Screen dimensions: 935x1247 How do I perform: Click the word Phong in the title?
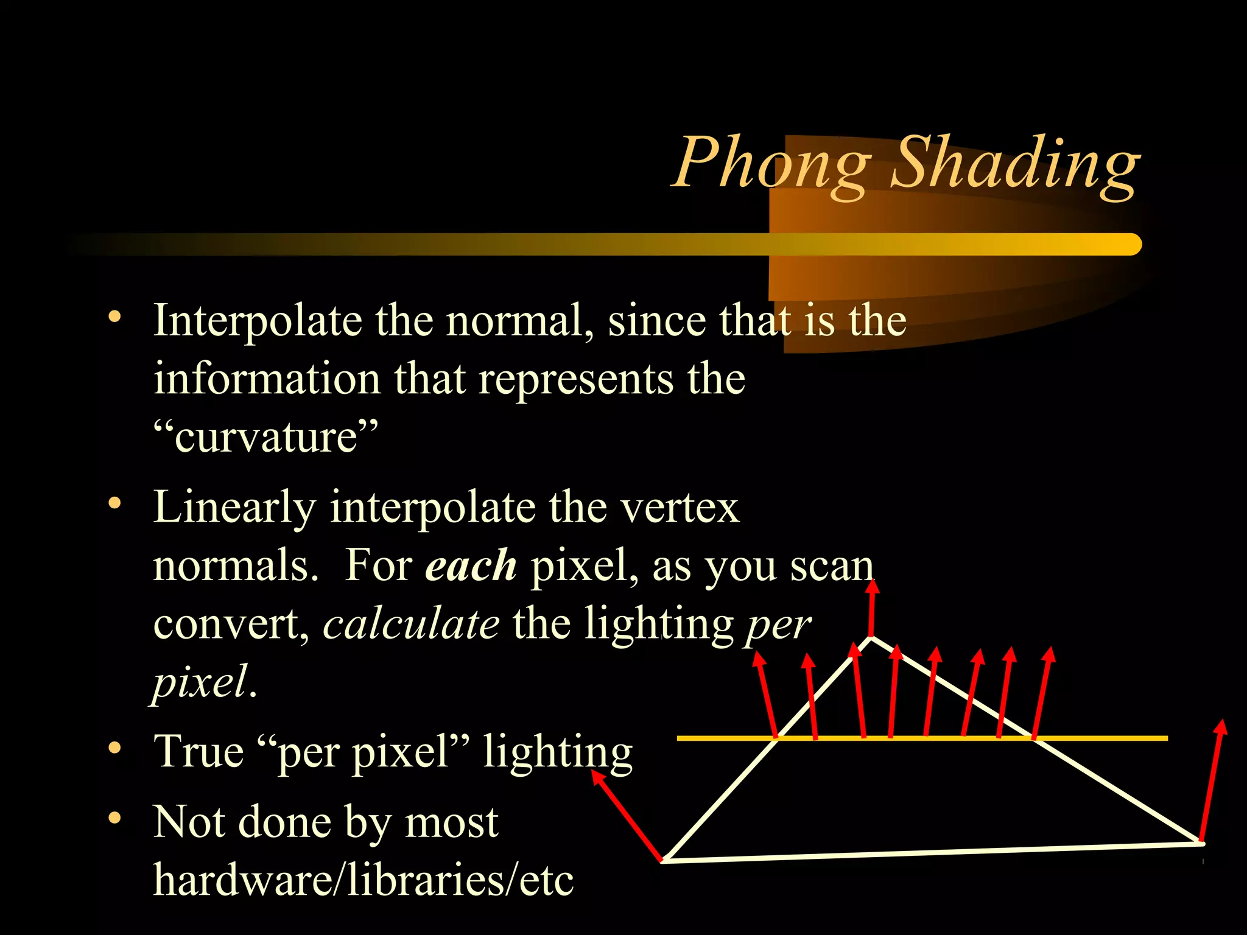(x=772, y=163)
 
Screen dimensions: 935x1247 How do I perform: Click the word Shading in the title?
(x=1014, y=163)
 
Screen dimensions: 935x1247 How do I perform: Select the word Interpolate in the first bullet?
(x=258, y=321)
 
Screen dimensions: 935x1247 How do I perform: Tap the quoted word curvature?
(x=265, y=436)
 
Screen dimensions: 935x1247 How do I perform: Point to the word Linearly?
(x=234, y=507)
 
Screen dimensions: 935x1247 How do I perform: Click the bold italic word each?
(x=471, y=566)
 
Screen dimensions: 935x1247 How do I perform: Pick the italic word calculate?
(x=411, y=624)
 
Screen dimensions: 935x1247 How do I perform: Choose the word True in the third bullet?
(x=198, y=751)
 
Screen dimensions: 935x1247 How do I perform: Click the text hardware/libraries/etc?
(x=364, y=880)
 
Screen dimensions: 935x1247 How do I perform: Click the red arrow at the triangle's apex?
(x=873, y=609)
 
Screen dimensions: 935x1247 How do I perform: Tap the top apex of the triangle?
(x=871, y=638)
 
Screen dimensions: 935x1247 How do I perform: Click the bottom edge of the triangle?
(x=932, y=852)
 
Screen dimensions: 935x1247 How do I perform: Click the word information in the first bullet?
(x=267, y=379)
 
